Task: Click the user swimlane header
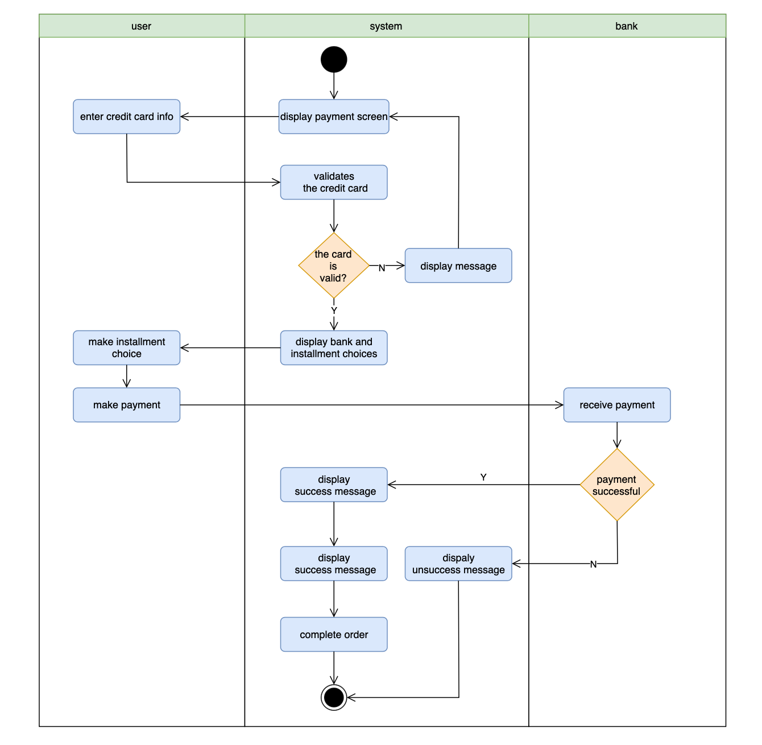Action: point(141,26)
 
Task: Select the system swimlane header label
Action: point(386,26)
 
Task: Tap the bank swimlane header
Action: point(626,26)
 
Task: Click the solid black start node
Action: point(334,60)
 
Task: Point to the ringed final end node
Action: point(334,697)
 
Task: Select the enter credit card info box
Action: point(126,117)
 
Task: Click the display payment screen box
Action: point(334,117)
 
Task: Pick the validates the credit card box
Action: point(334,183)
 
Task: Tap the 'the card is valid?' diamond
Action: point(334,266)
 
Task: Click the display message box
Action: point(458,266)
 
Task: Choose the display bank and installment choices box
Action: point(334,347)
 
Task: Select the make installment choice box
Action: point(126,347)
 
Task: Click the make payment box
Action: point(126,405)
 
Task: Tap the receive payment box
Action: point(617,405)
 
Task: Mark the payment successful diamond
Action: point(617,485)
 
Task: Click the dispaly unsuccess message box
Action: point(458,564)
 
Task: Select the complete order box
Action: point(334,635)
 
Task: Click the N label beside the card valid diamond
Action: point(382,268)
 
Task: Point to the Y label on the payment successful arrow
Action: point(483,477)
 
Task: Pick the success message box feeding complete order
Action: point(334,564)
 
